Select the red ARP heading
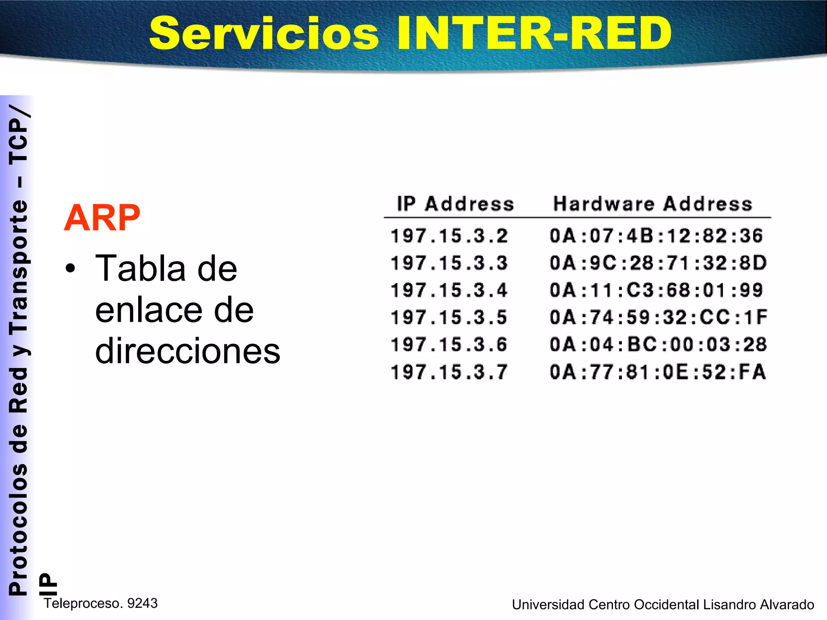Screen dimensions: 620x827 tap(102, 218)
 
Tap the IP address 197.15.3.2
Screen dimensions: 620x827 tap(449, 236)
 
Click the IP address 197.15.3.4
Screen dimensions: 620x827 tap(449, 290)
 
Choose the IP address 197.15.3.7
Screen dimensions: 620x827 tap(449, 372)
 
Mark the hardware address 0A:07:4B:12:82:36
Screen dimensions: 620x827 tap(656, 236)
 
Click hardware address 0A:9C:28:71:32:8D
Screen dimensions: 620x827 tap(658, 263)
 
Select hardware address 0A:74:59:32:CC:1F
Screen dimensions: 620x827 tap(658, 317)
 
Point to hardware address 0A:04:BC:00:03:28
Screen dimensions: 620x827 tap(658, 345)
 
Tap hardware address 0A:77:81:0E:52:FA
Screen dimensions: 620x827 tap(657, 372)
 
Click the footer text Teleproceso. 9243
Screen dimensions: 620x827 tap(101, 603)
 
